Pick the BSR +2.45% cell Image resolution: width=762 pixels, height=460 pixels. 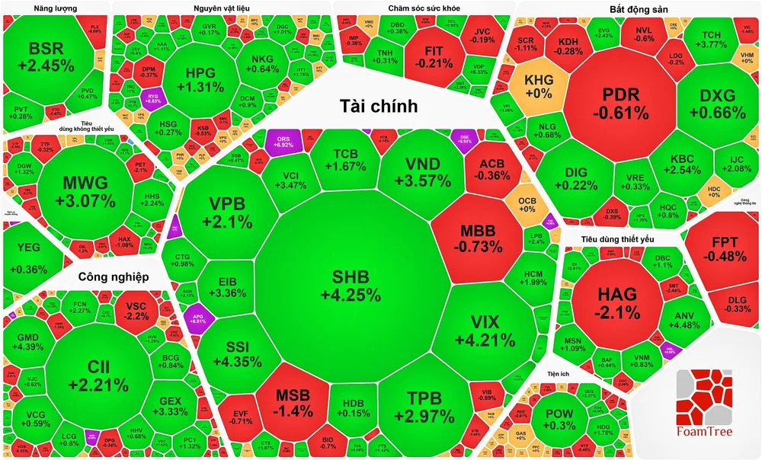pos(51,58)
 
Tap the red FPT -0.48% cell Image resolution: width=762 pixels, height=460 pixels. pos(724,251)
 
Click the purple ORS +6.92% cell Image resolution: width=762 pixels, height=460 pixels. pos(283,141)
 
